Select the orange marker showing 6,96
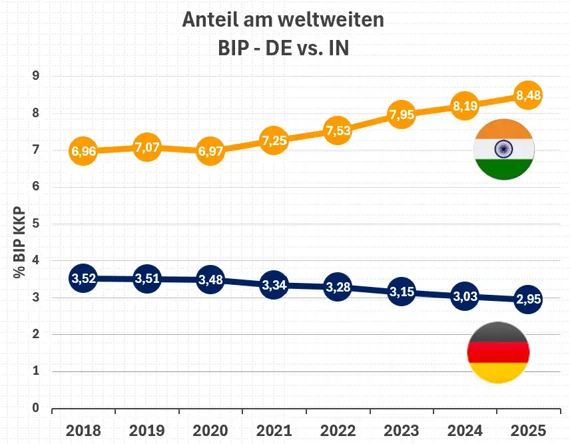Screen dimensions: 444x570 coord(84,151)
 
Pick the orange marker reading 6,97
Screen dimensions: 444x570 coord(210,150)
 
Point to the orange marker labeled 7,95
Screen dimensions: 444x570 coord(402,114)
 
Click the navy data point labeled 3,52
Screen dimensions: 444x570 coord(84,279)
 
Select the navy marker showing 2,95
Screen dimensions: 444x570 coord(528,300)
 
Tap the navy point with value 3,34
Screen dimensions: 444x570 coord(274,286)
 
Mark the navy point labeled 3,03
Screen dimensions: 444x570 coord(465,296)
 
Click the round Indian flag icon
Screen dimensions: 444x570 coord(503,150)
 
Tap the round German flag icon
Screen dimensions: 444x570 coord(499,353)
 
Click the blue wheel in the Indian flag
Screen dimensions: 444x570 coord(503,150)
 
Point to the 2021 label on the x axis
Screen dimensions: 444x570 coord(274,429)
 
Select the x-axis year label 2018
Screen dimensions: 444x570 coord(84,429)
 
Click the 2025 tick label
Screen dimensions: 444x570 coord(528,429)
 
